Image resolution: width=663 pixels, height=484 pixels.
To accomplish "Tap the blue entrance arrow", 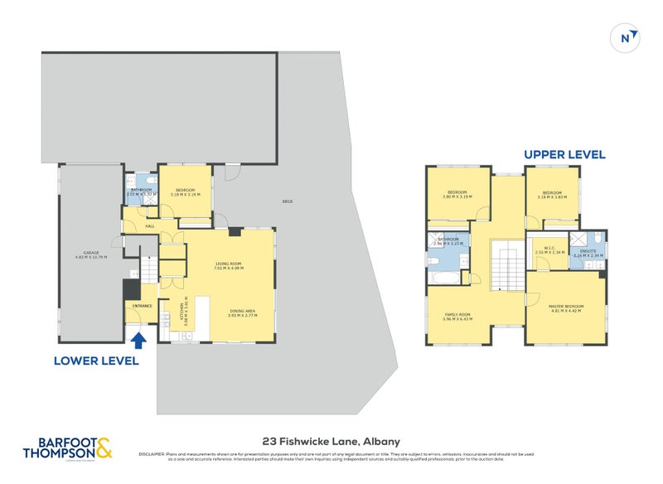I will click(x=139, y=338).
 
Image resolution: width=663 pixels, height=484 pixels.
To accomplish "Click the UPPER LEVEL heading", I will click(x=564, y=154).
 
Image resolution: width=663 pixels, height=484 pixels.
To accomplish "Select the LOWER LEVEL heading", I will click(x=96, y=361).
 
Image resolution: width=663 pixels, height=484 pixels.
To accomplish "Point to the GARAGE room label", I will click(x=90, y=254).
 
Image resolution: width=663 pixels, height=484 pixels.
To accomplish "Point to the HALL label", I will click(x=150, y=225).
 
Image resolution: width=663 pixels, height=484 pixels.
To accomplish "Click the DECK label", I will click(x=288, y=201).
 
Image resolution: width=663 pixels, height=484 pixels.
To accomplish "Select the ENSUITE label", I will click(x=589, y=251).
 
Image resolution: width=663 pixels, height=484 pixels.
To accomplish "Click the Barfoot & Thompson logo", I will click(x=70, y=448).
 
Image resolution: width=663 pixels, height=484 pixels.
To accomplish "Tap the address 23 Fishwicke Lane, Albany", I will click(x=319, y=442).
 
